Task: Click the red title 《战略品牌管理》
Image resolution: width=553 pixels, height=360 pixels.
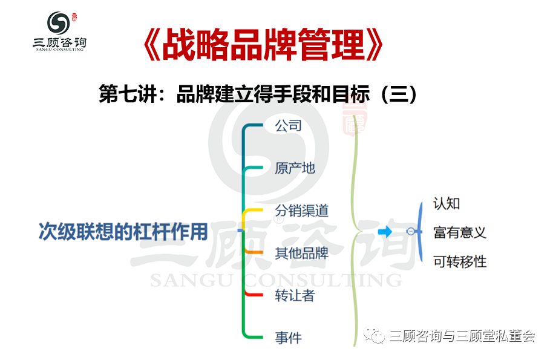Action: pos(263,45)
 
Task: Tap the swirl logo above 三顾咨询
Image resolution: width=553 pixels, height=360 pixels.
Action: pos(59,23)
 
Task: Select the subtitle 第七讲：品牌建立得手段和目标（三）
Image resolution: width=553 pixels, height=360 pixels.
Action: pos(258,94)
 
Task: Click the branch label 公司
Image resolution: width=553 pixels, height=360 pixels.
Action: pos(288,125)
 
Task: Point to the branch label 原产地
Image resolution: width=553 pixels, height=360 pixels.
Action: pos(295,168)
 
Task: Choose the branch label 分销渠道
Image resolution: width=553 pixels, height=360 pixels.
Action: pos(301,211)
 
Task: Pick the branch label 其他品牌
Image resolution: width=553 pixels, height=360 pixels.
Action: pos(301,253)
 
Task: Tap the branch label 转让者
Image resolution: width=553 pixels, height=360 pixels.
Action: pos(295,295)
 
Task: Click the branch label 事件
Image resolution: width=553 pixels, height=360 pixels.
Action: pos(288,338)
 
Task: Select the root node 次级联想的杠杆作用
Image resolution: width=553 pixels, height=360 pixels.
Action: pos(123,232)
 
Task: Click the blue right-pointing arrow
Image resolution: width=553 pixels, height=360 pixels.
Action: pos(385,232)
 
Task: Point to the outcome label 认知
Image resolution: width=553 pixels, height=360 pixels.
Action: pos(447,203)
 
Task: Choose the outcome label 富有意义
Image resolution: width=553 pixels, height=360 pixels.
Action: pos(460,232)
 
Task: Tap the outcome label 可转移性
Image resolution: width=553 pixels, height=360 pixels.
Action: pos(460,261)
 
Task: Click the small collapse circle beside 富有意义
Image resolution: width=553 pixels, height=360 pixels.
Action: pos(411,231)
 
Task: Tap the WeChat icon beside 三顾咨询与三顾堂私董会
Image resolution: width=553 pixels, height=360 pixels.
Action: pos(374,335)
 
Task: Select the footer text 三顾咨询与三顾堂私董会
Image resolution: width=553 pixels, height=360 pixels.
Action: pos(462,335)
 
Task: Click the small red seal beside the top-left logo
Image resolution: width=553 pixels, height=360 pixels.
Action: pos(74,18)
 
